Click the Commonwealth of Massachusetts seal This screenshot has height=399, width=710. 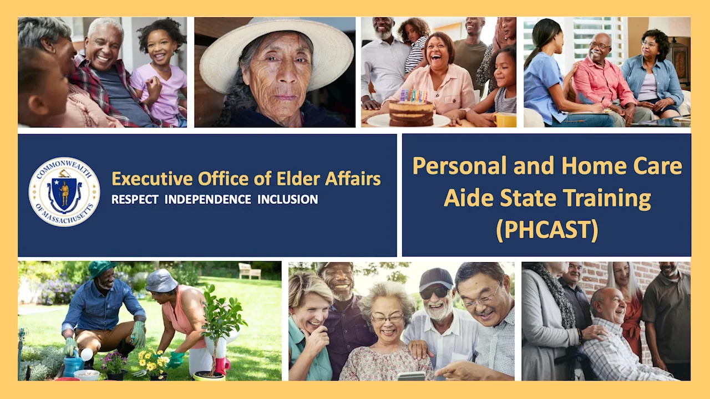pos(64,192)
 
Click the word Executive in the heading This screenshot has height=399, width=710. pos(152,178)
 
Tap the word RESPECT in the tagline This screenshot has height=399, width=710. pos(135,199)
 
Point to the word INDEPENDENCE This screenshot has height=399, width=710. pos(207,199)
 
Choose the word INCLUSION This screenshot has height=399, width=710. pos(287,199)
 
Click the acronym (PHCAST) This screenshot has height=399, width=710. pos(547,229)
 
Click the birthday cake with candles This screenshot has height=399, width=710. pos(412,110)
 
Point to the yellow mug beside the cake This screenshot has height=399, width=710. pos(505,120)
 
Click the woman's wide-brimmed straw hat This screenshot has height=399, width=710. pos(276,53)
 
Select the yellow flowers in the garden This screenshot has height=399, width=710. pos(154,360)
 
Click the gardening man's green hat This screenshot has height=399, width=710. pos(101,269)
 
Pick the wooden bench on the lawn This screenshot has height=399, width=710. pos(250,272)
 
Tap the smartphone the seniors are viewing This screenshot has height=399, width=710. pos(412,376)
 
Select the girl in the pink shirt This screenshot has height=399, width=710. pos(160,72)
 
